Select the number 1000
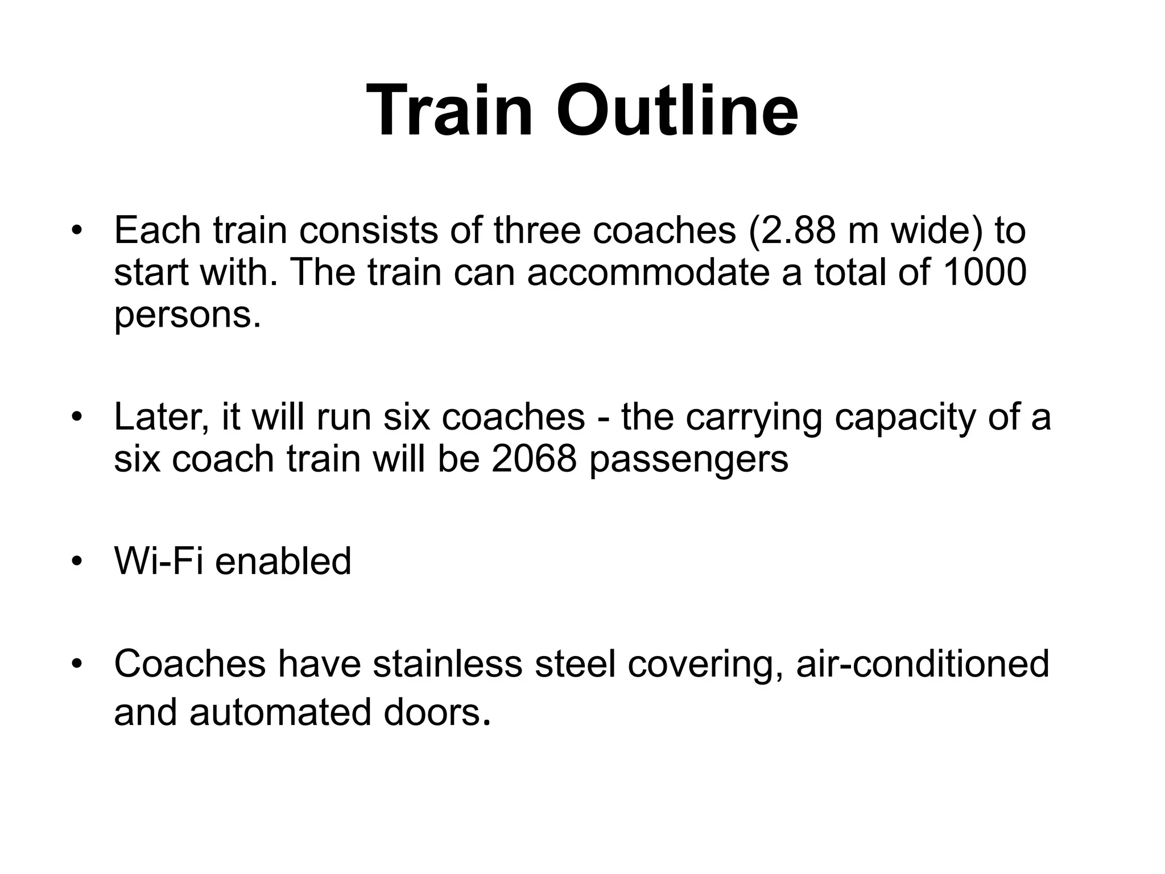pos(985,272)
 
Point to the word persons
pos(187,315)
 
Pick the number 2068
pos(534,459)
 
